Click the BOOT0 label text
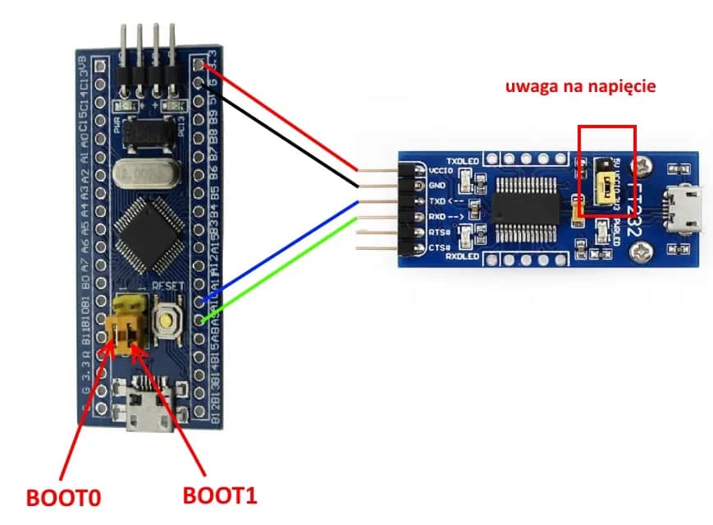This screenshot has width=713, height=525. point(57,497)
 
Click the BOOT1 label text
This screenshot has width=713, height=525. point(219,495)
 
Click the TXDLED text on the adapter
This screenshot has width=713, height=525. point(462,159)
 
